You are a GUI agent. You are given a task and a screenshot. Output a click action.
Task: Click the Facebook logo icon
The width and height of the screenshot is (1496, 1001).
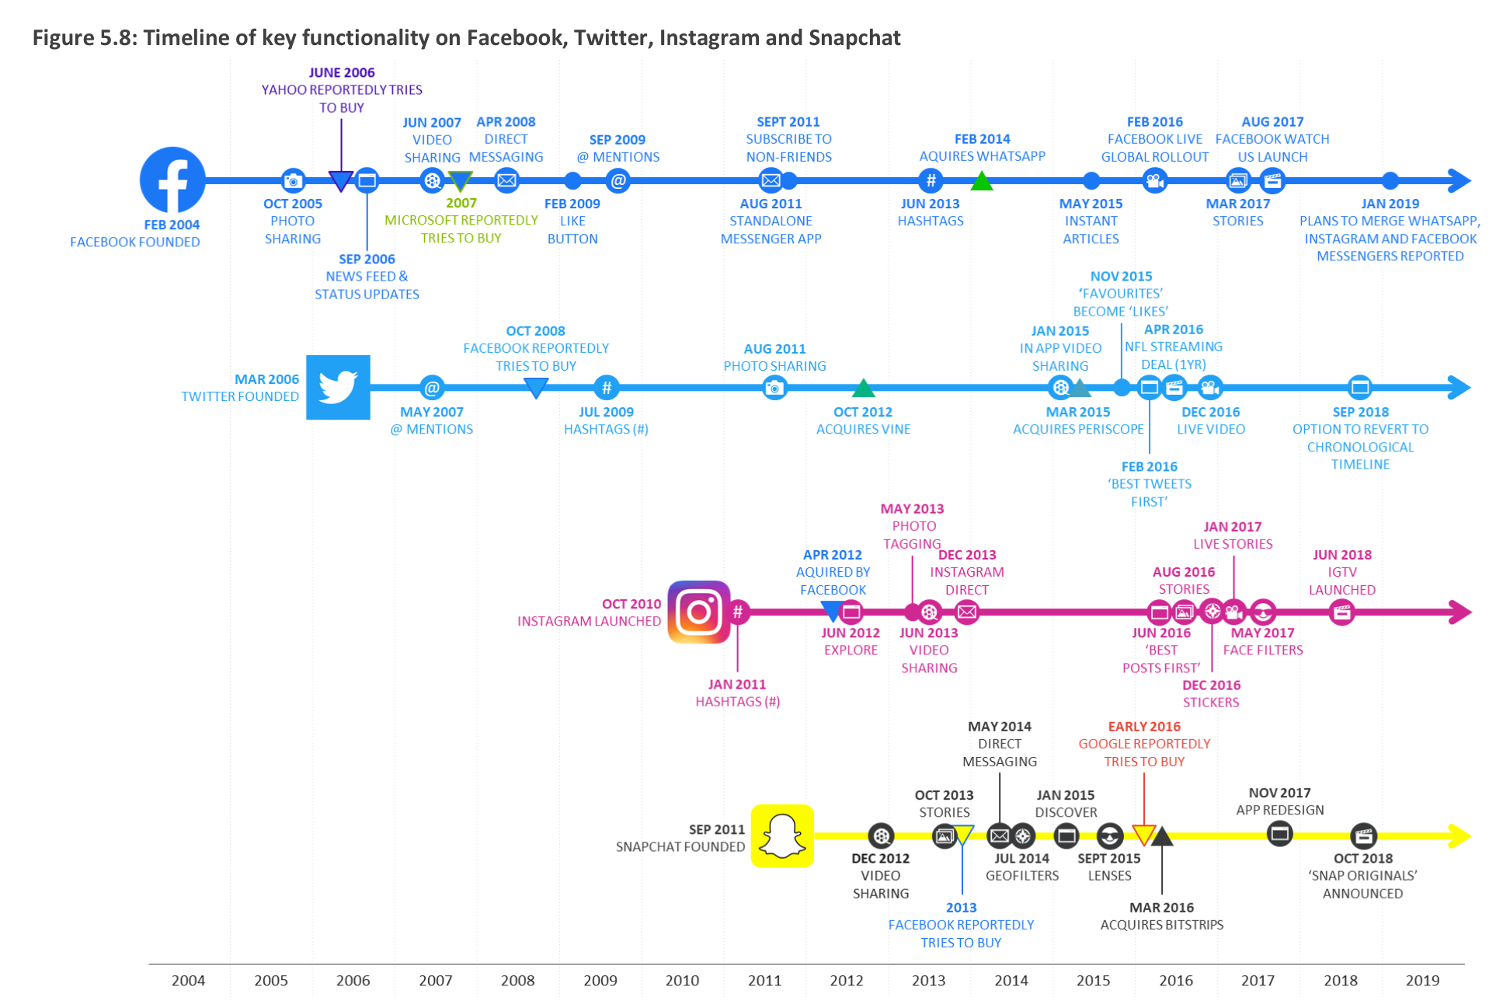(172, 180)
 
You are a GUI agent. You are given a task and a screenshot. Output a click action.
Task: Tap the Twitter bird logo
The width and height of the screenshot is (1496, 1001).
(338, 387)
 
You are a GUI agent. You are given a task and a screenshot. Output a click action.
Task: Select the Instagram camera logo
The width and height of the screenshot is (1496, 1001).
(699, 612)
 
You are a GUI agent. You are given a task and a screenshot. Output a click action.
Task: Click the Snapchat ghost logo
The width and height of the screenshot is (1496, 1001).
(782, 835)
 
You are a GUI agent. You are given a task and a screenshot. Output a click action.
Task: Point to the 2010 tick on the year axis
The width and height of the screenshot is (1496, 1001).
(682, 980)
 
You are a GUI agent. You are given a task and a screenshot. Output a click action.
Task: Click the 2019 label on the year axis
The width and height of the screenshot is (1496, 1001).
(1422, 980)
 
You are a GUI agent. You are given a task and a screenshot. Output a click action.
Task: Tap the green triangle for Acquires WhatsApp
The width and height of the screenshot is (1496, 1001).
(982, 183)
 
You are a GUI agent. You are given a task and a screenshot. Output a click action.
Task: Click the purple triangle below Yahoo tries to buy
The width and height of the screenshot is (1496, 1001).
(341, 181)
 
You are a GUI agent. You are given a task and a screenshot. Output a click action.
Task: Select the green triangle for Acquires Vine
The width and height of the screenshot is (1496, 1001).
(863, 388)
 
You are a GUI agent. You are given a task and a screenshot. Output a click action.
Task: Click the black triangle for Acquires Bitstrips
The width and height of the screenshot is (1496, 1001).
(1161, 837)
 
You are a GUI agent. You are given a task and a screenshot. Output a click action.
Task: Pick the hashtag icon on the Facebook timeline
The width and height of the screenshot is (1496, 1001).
(931, 181)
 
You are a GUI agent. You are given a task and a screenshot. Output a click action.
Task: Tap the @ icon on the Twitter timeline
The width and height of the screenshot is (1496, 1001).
(432, 387)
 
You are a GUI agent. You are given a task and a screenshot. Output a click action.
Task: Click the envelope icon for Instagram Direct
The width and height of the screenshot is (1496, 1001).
(967, 612)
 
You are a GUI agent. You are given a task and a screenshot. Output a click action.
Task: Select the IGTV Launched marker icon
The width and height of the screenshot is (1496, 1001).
(1341, 612)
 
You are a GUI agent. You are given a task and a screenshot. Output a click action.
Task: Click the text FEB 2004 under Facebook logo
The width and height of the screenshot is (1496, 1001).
(172, 225)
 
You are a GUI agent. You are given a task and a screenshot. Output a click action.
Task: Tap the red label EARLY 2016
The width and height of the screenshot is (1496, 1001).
(1143, 727)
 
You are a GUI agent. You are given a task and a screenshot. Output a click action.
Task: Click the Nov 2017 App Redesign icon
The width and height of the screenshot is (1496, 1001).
(1279, 835)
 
